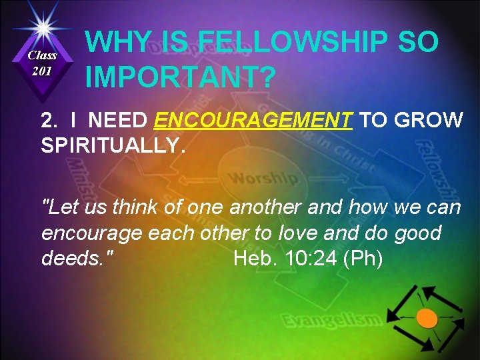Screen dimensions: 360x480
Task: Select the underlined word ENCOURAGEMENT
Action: coord(253,121)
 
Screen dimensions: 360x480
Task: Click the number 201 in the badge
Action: coord(42,71)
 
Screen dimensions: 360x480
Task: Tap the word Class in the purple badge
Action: coord(42,56)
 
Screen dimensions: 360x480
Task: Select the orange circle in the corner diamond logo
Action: coord(427,319)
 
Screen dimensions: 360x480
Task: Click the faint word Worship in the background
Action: coord(263,179)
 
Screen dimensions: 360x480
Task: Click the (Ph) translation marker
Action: coord(363,258)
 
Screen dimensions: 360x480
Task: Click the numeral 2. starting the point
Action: coord(49,121)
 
